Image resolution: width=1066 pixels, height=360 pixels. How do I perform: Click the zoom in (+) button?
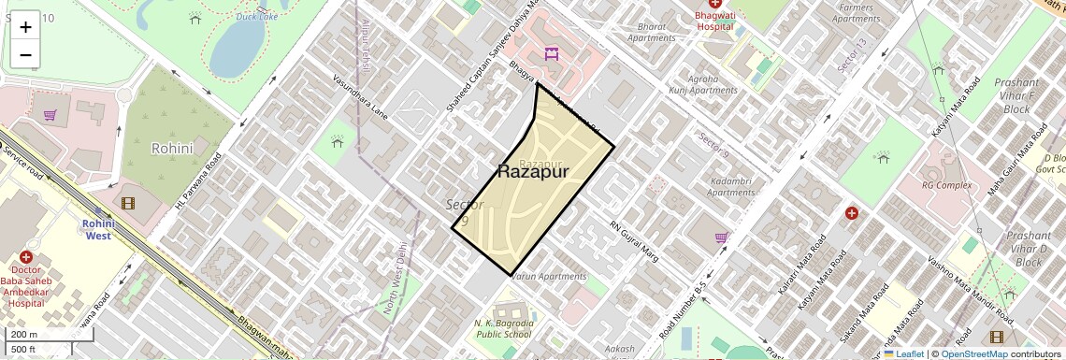point(25,27)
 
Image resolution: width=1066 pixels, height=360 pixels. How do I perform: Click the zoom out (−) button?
point(25,54)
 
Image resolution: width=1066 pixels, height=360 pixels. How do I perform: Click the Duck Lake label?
point(256,16)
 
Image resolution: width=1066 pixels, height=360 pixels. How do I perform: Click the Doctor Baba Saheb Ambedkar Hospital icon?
point(25,258)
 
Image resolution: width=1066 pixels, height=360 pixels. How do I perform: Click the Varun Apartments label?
point(550,277)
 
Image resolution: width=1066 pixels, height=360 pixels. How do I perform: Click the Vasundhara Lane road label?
point(367,98)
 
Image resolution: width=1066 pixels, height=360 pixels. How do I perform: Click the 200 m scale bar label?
point(24,335)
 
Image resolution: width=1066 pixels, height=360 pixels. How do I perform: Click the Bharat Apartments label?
point(651,33)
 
